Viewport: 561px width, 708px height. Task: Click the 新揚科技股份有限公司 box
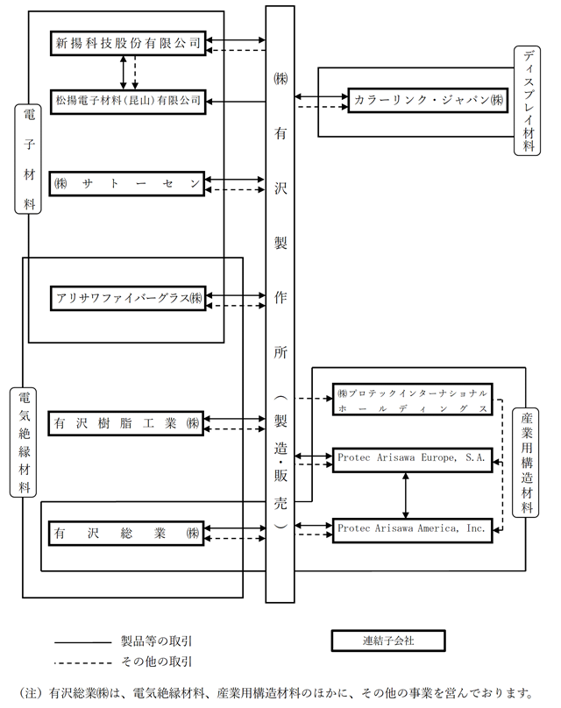coord(128,43)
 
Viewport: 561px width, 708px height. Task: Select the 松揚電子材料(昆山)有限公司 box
coord(128,101)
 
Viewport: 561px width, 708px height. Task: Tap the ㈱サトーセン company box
coord(127,184)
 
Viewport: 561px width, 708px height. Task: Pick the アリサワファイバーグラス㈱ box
coord(128,298)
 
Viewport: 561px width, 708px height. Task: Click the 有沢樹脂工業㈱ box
coord(126,423)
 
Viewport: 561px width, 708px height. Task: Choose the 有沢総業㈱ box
coord(126,534)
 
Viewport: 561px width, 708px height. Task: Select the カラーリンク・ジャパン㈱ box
coord(428,100)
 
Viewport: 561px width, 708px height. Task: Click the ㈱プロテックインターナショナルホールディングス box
coord(412,400)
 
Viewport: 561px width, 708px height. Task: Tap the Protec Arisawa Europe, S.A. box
coord(412,460)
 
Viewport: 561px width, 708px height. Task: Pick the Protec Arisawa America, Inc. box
coord(412,530)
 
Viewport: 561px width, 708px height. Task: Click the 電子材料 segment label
coord(28,159)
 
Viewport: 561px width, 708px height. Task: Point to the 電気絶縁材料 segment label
coord(23,442)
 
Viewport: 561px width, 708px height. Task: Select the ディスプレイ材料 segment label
coord(527,101)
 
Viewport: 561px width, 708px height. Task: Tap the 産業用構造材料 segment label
coord(525,463)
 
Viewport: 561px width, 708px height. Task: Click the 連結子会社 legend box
coord(388,641)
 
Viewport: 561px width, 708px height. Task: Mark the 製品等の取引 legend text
coord(157,641)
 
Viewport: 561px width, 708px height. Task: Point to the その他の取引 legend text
coord(157,662)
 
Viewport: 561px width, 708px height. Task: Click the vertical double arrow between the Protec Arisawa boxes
coord(406,495)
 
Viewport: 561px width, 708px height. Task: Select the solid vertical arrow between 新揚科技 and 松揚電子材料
coord(124,72)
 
